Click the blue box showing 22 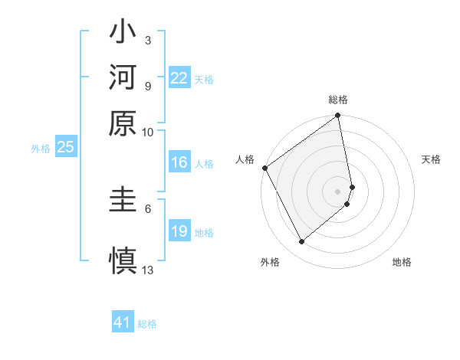[x=179, y=78]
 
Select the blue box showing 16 [x=179, y=162]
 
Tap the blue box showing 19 [x=179, y=231]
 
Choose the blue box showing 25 [x=65, y=148]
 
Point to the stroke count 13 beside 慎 [x=148, y=270]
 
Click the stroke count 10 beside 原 [x=148, y=132]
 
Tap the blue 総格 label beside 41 [x=147, y=324]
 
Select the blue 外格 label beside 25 [x=41, y=149]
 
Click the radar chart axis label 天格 [x=432, y=159]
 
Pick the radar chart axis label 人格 [x=245, y=159]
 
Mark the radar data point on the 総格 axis [x=337, y=116]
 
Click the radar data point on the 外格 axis [x=301, y=242]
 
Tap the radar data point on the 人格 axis [x=264, y=168]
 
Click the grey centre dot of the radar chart [x=338, y=191]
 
